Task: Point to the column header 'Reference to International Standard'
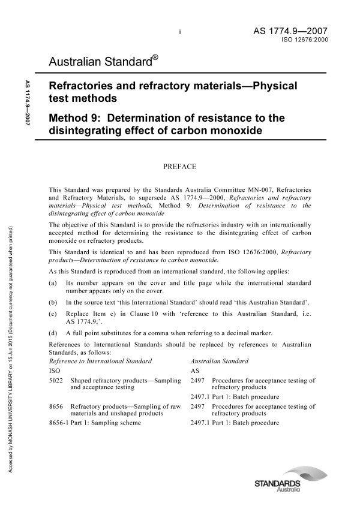pyautogui.click(x=100, y=362)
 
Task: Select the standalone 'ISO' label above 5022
pyautogui.click(x=53, y=371)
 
